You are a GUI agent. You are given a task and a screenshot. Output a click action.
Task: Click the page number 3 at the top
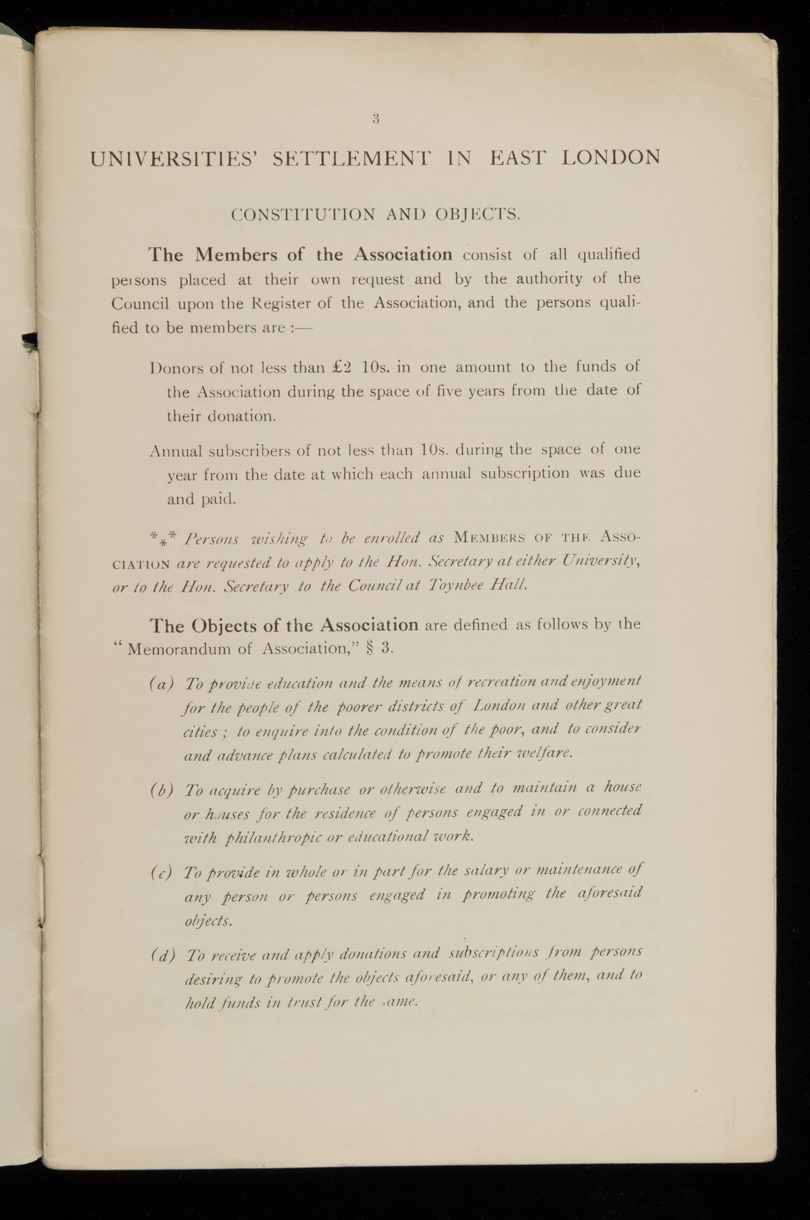[x=376, y=119]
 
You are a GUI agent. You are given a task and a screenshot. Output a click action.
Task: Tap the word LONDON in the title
[x=611, y=157]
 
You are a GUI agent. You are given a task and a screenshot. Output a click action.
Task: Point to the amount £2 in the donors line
[x=341, y=368]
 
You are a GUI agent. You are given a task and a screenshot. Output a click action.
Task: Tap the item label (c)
[x=161, y=873]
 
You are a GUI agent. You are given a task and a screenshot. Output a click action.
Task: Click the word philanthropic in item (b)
[x=273, y=839]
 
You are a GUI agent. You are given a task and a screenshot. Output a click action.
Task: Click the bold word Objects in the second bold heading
[x=225, y=626]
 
